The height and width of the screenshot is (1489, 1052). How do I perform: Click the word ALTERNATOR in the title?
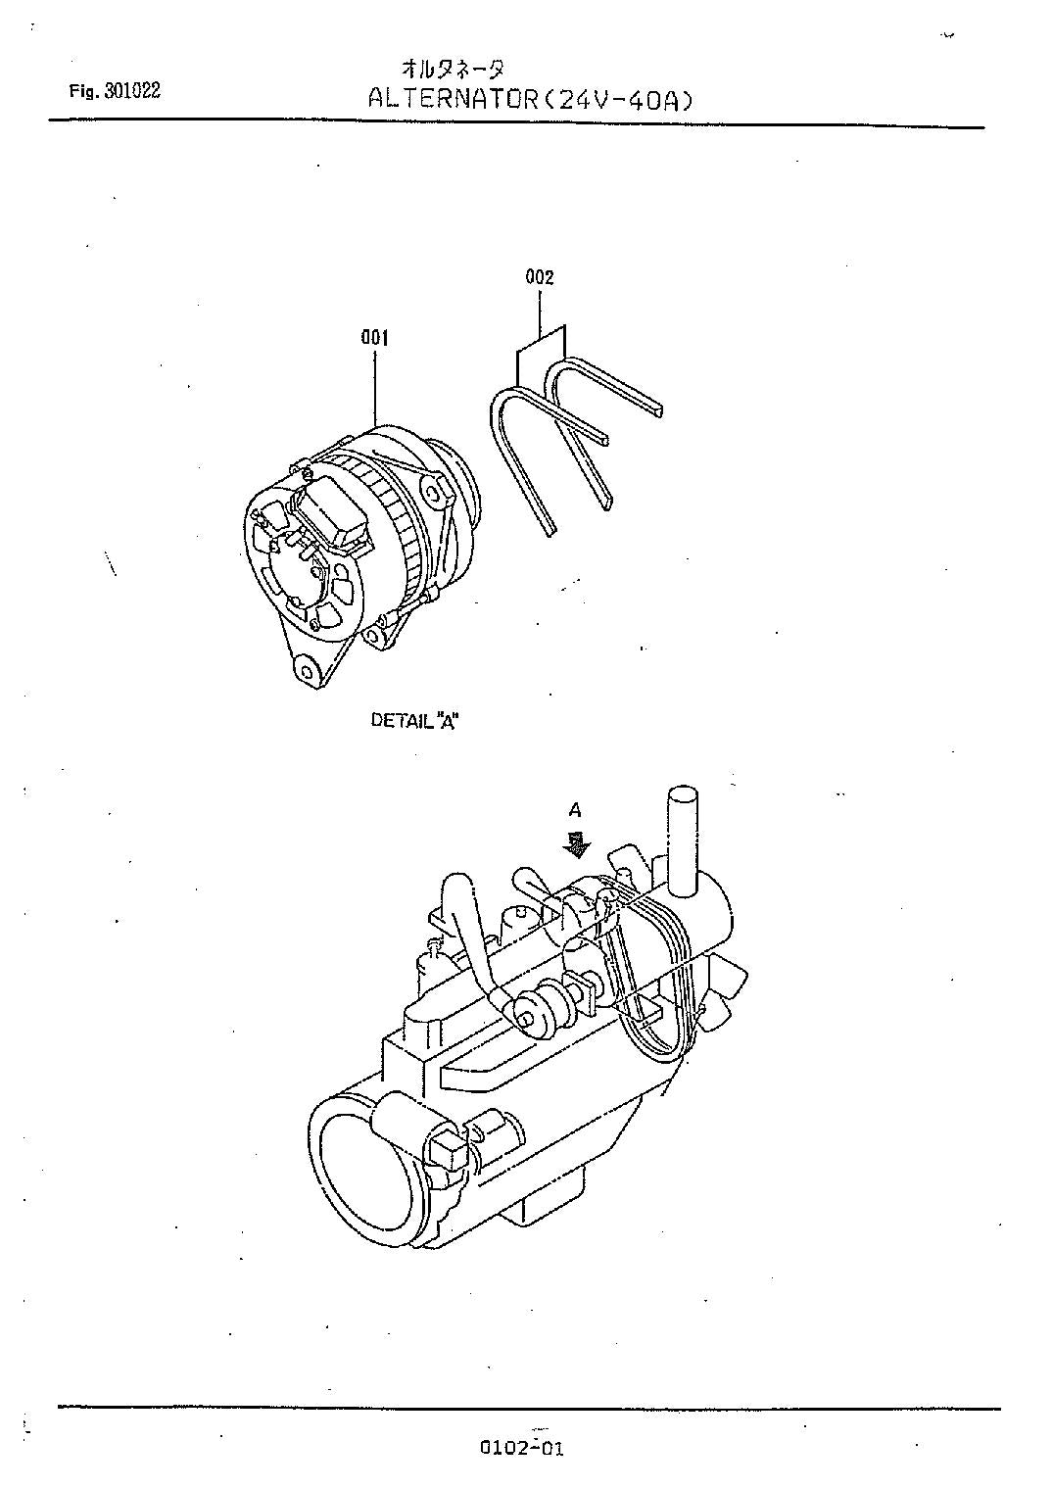coord(453,99)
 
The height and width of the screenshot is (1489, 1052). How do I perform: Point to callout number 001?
coord(374,338)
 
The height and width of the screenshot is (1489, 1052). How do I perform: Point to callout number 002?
coord(540,277)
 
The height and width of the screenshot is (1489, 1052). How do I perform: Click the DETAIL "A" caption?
coord(415,720)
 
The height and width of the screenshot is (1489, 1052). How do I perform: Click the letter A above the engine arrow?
coord(576,810)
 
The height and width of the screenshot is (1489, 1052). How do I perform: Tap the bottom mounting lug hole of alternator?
coord(308,672)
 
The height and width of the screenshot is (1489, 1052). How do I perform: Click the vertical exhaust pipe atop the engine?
coord(681,833)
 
